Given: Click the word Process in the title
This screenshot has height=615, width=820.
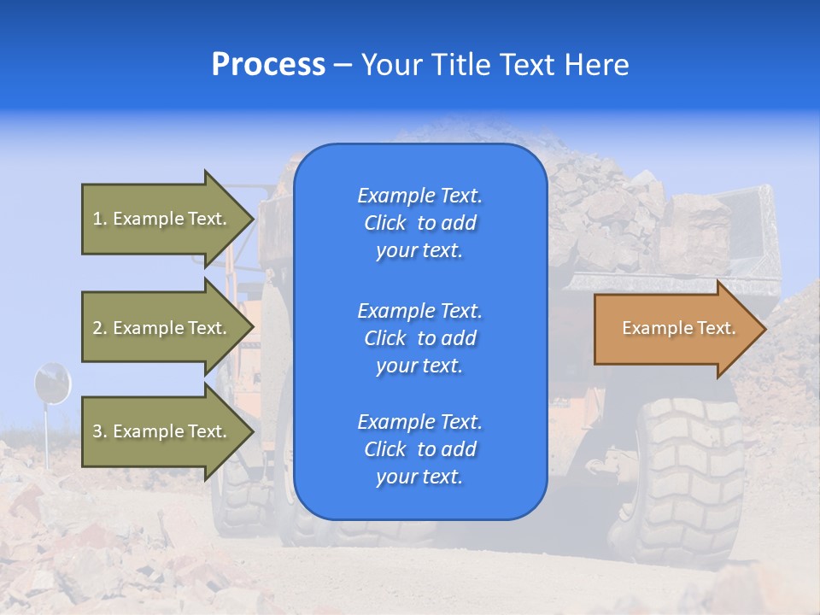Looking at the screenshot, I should pos(268,65).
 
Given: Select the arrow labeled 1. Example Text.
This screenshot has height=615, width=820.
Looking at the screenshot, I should pos(162,219).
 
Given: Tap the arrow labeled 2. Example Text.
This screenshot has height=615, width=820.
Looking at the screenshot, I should pos(162,328).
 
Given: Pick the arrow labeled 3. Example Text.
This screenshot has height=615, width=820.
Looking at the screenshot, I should pos(162,431).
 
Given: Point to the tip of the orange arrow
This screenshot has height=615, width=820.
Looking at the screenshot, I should pos(762,329).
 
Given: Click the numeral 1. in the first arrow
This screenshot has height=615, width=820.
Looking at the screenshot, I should pos(100,220).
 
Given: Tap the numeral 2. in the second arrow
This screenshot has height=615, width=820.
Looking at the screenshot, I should pos(100,329).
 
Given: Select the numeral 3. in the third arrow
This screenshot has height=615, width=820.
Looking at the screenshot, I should pos(100,432).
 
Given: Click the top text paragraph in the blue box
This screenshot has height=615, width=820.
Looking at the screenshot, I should pos(419,223).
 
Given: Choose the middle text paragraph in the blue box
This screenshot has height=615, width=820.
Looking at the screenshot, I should pos(419,338).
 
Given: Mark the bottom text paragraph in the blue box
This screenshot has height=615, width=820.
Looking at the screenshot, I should pos(419,449).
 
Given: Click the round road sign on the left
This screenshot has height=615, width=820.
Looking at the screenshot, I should pos(51,383).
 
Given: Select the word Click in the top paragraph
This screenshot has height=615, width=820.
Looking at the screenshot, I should pos(384,224).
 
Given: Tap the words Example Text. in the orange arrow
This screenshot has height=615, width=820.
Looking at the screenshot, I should pos(678,329).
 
